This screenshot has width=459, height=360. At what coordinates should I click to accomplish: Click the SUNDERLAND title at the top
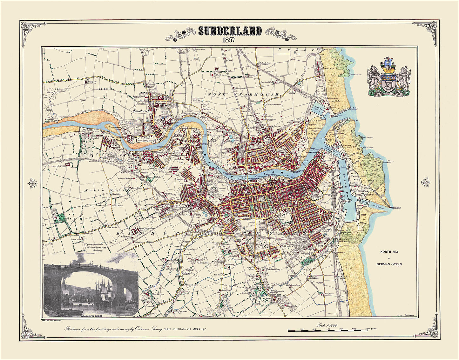click(x=230, y=31)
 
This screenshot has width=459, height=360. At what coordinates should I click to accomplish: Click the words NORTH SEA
click(x=389, y=252)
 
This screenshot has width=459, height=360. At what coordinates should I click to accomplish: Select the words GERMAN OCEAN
click(x=389, y=264)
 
